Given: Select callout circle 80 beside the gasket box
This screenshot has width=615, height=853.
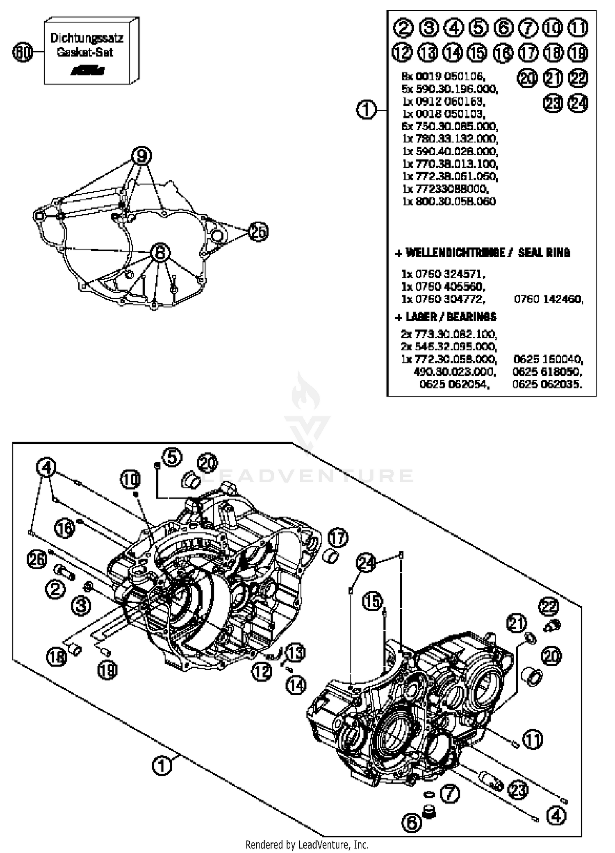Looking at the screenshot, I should [23, 52].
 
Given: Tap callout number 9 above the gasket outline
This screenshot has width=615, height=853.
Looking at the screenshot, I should [141, 156].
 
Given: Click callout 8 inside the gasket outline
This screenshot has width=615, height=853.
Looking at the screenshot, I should [160, 253].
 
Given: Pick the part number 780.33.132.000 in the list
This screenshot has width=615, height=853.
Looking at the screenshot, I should [450, 139].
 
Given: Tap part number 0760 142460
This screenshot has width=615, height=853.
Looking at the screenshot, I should [548, 299].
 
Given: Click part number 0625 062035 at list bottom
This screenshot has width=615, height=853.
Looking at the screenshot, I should [547, 384].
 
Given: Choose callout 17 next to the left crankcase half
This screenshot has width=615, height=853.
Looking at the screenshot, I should [338, 538].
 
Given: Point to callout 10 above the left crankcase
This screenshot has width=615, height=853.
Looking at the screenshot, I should [130, 479].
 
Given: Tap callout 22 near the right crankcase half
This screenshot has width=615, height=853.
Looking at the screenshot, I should [549, 607].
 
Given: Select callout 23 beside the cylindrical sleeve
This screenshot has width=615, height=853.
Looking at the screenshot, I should [518, 789].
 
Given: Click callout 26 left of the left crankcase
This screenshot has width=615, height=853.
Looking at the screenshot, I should [37, 559].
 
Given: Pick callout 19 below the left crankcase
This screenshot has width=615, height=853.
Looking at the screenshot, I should [107, 670].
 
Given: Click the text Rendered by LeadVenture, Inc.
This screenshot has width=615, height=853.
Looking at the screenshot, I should [307, 844].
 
